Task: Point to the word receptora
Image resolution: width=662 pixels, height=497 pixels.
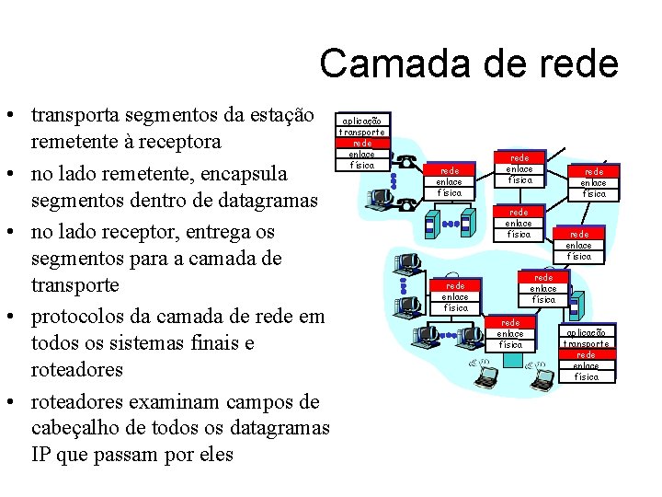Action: (x=180, y=143)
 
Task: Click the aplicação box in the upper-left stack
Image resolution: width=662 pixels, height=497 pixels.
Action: (x=364, y=121)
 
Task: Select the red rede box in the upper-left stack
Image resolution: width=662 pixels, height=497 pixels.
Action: (x=364, y=143)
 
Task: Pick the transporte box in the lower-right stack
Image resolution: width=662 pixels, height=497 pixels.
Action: (x=586, y=344)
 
